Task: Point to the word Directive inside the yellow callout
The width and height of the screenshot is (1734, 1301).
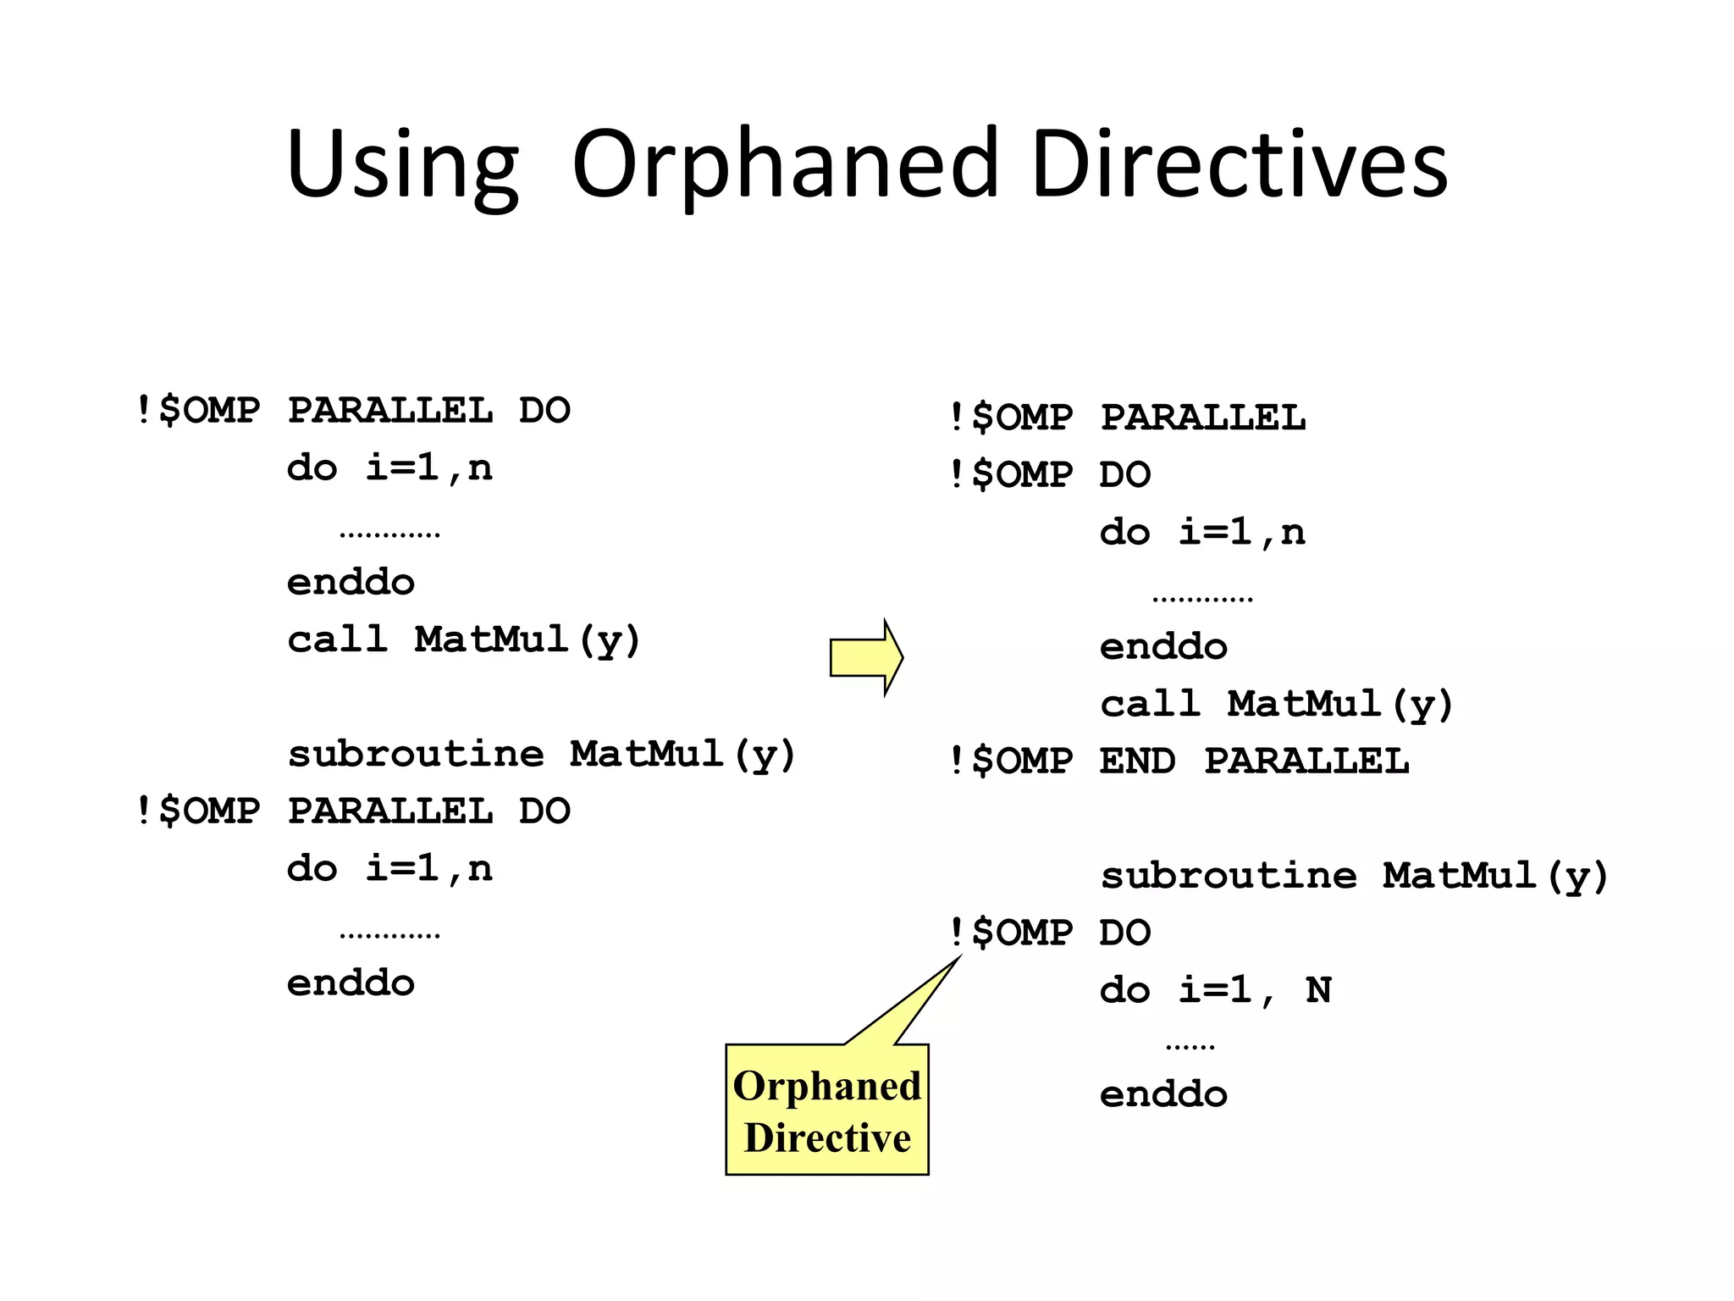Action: tap(827, 1138)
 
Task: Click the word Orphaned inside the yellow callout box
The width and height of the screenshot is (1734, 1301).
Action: tap(827, 1086)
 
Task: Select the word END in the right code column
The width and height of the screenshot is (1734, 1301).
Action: tap(1137, 761)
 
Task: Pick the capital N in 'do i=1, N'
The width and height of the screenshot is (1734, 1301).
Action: tap(1318, 989)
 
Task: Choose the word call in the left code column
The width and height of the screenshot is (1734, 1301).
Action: tap(337, 639)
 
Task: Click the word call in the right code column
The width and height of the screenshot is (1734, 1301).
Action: tap(1150, 703)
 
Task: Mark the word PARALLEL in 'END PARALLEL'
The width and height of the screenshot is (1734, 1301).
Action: tap(1306, 761)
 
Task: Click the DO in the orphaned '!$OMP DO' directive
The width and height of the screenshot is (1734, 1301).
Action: tap(1125, 933)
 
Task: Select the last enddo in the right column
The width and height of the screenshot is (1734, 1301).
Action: tap(1163, 1094)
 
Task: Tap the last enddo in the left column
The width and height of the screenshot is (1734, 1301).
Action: tap(351, 983)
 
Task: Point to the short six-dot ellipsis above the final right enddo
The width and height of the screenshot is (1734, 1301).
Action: tap(1190, 1048)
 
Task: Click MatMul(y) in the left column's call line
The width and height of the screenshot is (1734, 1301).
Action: tap(527, 639)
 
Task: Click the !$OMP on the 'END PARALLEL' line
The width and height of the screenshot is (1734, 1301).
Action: tap(1011, 761)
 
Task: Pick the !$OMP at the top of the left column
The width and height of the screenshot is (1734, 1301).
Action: tap(198, 411)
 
